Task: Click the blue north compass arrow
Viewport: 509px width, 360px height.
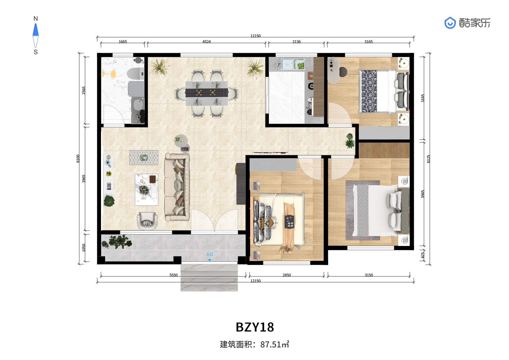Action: tap(36, 30)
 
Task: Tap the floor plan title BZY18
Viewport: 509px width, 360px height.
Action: tap(255, 327)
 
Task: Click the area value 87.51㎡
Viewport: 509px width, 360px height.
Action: tap(275, 344)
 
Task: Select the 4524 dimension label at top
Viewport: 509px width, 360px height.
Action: tap(207, 42)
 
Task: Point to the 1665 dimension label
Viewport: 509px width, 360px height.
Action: tap(123, 42)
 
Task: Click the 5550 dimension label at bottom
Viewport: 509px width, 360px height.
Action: tap(174, 275)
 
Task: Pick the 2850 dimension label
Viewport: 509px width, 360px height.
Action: tap(287, 275)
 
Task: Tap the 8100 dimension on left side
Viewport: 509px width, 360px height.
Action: tap(78, 159)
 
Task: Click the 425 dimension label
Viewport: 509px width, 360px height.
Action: tap(423, 255)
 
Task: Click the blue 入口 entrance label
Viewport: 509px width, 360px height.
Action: tap(210, 254)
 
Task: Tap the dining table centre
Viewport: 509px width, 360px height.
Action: tap(207, 93)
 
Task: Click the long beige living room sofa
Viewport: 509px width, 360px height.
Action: tap(177, 187)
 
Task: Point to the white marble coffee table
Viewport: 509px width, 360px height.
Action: tap(147, 189)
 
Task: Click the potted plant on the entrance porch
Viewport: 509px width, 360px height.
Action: tap(117, 242)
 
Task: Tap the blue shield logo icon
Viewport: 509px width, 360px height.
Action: tap(450, 23)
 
